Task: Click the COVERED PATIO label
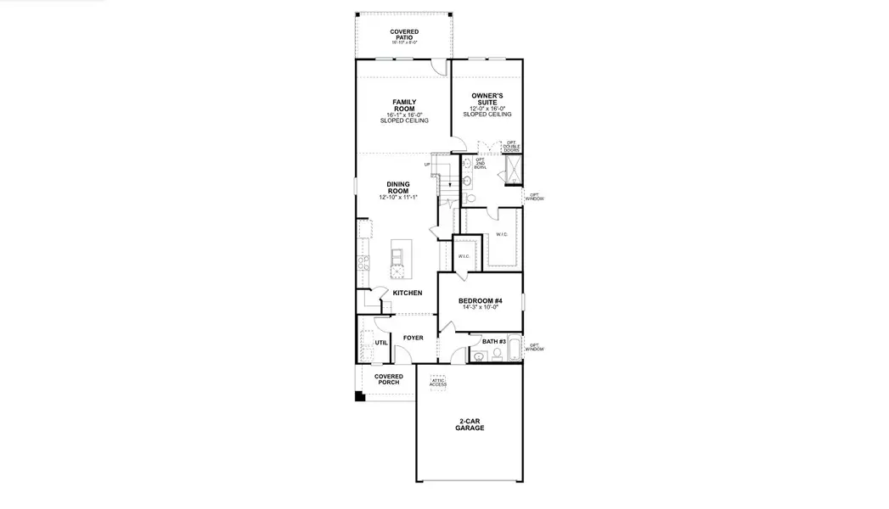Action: (x=403, y=34)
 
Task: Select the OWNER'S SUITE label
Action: (x=487, y=99)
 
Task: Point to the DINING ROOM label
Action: (x=397, y=187)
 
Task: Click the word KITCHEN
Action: (x=407, y=293)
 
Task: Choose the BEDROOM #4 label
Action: (x=481, y=301)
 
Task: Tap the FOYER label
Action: (x=413, y=338)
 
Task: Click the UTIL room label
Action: (x=380, y=343)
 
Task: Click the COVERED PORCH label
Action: (x=389, y=379)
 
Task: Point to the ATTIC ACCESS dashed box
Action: (x=437, y=382)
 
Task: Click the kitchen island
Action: (x=397, y=259)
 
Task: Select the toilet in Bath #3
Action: (x=478, y=356)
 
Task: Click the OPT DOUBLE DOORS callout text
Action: (x=511, y=146)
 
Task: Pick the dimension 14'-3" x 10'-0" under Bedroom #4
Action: (x=481, y=308)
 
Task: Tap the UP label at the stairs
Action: (x=428, y=165)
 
